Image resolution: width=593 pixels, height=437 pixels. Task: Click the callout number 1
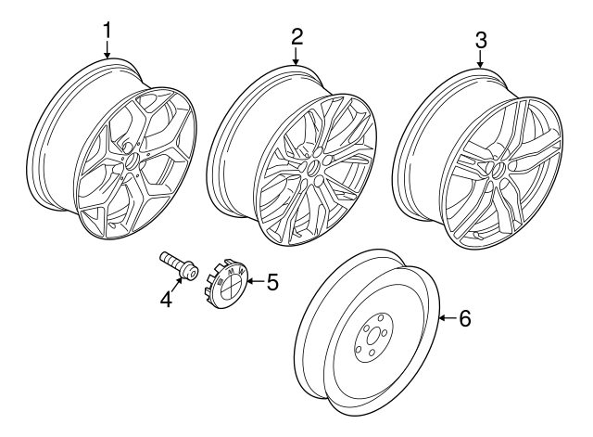point(107,31)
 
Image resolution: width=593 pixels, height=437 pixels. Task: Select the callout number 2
point(296,37)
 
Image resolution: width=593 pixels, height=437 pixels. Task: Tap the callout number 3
point(481,40)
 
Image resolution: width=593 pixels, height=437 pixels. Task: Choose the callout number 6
point(464,318)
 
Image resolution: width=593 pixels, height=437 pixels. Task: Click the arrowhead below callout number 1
point(107,56)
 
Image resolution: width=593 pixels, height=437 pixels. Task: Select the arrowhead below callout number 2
point(296,61)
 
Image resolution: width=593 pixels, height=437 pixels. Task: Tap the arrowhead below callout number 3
point(481,63)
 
